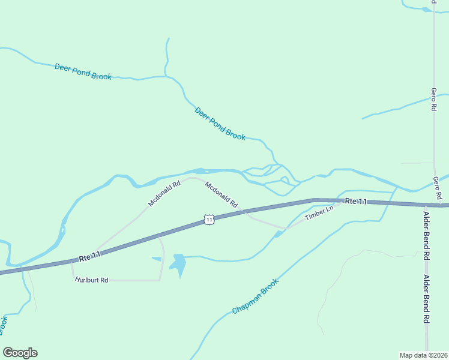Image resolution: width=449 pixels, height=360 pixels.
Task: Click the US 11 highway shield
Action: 208,220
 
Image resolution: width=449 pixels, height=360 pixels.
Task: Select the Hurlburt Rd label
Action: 92,280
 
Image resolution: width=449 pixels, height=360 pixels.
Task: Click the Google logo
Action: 20,353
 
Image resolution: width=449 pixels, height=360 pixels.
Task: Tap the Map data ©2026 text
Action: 423,355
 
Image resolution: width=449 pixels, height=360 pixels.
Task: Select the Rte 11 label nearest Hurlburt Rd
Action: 89,257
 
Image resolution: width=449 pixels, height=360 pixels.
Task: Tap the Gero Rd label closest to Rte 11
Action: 438,188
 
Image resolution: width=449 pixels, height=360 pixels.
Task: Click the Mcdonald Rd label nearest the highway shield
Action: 221,194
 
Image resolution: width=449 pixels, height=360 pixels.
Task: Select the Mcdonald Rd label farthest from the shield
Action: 164,194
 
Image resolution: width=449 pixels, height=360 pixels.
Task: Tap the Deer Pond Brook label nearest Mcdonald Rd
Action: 220,124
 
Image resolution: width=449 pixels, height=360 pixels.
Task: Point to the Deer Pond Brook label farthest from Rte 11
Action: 83,71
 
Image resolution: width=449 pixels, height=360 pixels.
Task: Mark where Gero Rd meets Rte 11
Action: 434,204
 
